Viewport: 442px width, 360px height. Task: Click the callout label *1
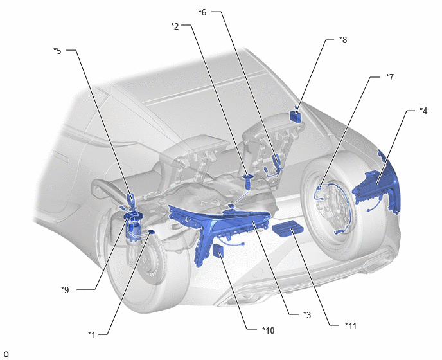click(x=92, y=335)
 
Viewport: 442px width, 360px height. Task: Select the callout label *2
click(x=175, y=26)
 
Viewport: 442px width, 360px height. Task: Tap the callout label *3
click(x=307, y=314)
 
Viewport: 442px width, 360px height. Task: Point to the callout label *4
click(x=423, y=111)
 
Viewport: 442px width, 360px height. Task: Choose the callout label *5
click(x=57, y=51)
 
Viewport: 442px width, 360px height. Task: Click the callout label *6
click(x=202, y=12)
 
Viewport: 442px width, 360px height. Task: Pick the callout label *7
click(x=390, y=77)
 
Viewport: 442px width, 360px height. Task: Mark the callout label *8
click(x=343, y=40)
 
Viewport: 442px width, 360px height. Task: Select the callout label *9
click(x=65, y=290)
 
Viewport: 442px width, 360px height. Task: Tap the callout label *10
click(x=268, y=330)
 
